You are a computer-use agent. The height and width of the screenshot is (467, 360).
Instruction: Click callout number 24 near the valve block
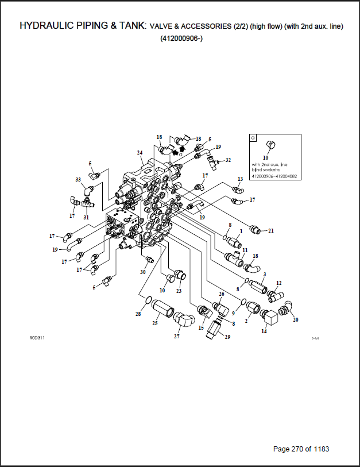140,152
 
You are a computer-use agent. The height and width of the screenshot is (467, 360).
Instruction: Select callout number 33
78,180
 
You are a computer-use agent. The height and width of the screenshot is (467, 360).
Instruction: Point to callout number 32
228,160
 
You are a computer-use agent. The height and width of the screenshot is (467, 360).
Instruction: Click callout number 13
240,180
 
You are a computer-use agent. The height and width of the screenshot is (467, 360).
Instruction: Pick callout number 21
271,230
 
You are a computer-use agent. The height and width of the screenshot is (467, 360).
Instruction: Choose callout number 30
143,272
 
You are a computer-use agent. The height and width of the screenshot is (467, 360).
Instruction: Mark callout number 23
179,291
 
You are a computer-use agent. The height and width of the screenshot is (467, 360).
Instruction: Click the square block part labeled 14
268,317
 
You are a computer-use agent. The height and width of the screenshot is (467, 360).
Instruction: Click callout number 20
296,319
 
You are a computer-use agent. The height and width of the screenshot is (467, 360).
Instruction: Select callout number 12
279,283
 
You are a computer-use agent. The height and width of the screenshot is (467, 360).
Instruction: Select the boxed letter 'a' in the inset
254,138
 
